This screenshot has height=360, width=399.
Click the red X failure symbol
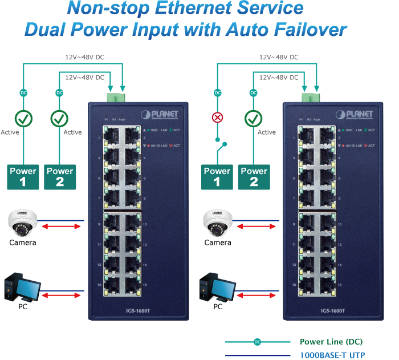(217, 118)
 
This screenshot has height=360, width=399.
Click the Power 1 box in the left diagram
(23, 177)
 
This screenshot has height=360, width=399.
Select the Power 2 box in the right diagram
(254, 177)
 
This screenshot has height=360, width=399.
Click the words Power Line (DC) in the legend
(331, 342)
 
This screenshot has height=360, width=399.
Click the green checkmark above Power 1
(23, 118)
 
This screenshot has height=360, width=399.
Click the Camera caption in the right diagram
(217, 242)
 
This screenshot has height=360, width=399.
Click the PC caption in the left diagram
(23, 306)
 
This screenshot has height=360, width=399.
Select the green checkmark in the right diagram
(254, 118)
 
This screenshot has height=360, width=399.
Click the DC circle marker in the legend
(257, 342)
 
